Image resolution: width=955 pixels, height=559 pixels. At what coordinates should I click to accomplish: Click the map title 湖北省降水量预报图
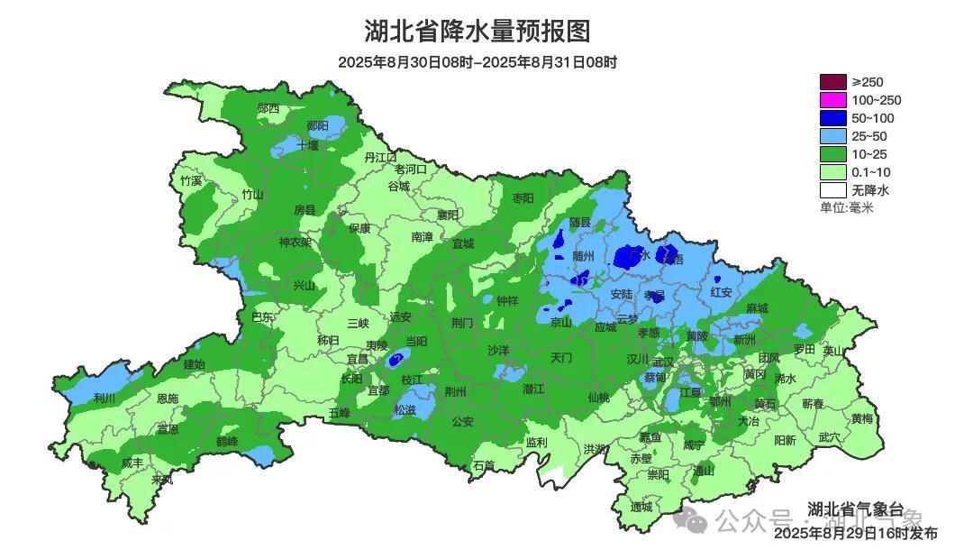tap(477, 32)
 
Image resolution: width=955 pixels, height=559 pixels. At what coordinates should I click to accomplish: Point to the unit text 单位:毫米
tap(846, 207)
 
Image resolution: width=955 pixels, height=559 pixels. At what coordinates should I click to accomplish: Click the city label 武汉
tap(663, 360)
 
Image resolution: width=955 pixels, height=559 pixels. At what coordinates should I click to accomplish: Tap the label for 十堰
tap(308, 144)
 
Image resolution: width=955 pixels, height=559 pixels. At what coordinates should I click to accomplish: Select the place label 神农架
tap(295, 242)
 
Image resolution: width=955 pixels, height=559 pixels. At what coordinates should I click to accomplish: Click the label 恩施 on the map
tap(168, 398)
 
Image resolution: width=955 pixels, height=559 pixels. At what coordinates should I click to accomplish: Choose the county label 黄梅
tap(862, 419)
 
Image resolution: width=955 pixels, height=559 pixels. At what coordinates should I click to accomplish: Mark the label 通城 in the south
tap(641, 507)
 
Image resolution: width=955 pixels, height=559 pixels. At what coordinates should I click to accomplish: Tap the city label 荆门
tap(462, 323)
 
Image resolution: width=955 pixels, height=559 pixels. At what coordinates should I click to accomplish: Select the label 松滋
tap(405, 409)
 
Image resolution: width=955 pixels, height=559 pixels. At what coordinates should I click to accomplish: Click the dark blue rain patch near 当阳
tap(395, 360)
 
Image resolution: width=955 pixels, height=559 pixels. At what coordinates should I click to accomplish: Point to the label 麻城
tap(757, 308)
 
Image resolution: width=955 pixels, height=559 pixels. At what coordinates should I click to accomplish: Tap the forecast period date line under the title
tap(477, 62)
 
